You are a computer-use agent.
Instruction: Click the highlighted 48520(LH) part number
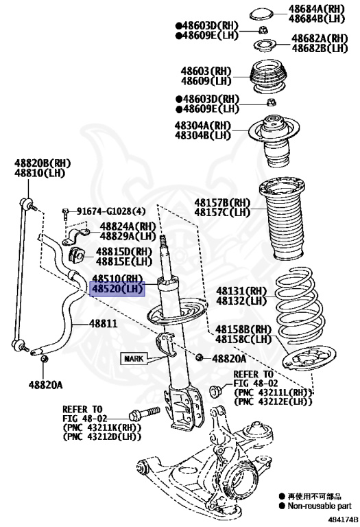117,289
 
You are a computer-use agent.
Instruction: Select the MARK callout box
134,359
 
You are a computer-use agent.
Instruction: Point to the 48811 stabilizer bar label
104,323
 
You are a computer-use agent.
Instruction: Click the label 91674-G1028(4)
111,211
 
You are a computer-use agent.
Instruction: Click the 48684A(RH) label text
317,9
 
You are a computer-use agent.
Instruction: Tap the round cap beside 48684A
262,14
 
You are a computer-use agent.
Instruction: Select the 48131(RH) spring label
241,290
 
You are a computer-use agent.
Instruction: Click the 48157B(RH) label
222,202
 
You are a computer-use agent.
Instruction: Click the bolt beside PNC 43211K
145,414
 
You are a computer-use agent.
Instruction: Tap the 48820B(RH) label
43,163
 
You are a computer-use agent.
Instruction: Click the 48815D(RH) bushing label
124,252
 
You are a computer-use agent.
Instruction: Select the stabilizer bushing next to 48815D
77,256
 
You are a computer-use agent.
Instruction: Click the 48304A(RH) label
203,126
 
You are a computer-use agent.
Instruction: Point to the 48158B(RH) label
243,329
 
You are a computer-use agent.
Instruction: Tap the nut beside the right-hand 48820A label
200,357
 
